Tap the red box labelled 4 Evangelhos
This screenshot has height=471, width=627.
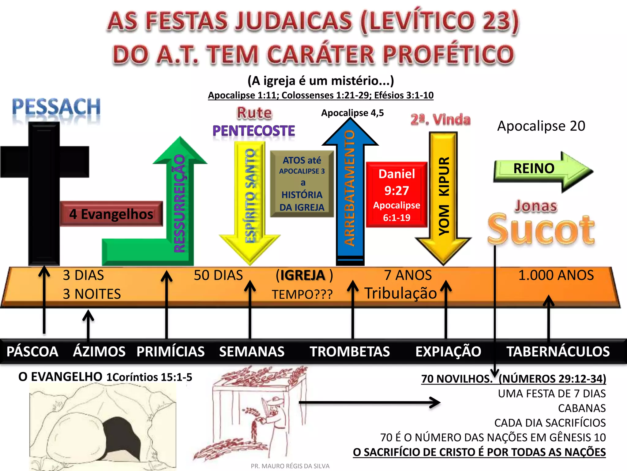pyautogui.click(x=111, y=214)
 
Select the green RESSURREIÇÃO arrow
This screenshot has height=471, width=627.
pyautogui.click(x=180, y=202)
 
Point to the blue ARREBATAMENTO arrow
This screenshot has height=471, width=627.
pyautogui.click(x=350, y=190)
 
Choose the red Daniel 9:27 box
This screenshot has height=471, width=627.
pyautogui.click(x=396, y=195)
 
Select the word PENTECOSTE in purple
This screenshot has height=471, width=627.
pyautogui.click(x=254, y=131)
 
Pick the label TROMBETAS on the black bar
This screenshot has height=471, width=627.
pyautogui.click(x=350, y=351)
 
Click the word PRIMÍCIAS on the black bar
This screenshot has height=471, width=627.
pyautogui.click(x=171, y=351)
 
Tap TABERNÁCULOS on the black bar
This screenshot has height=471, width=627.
pyautogui.click(x=558, y=351)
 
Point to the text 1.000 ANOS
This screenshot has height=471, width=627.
pyautogui.click(x=556, y=275)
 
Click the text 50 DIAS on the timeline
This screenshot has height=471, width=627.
pyautogui.click(x=218, y=275)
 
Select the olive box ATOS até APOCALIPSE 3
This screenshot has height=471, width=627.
pyautogui.click(x=302, y=183)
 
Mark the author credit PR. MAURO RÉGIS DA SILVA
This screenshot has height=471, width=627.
pyautogui.click(x=290, y=466)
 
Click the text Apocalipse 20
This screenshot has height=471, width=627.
pyautogui.click(x=541, y=126)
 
